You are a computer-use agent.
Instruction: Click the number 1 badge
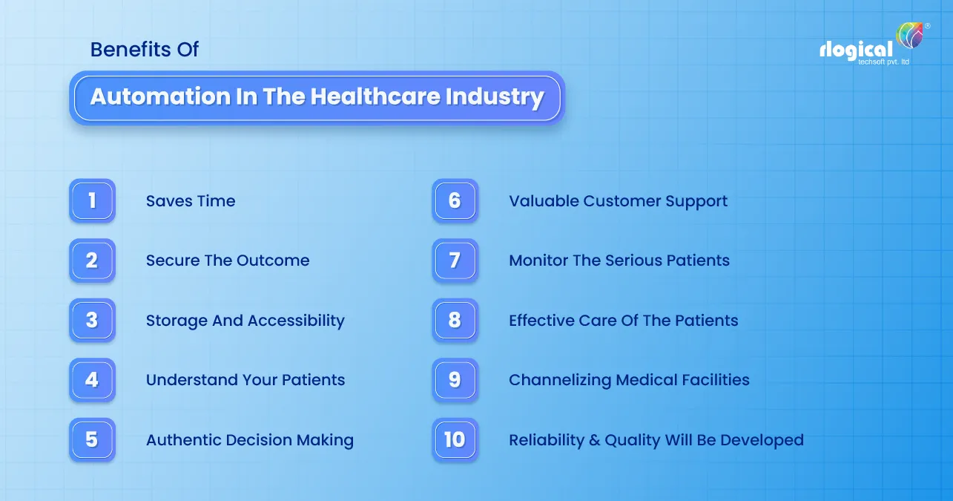[92, 200]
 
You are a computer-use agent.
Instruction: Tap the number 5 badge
[92, 439]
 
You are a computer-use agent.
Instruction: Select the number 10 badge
[455, 439]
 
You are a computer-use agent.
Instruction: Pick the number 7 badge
[455, 261]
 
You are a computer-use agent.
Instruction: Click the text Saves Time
[191, 201]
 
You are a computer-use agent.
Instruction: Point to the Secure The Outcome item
[228, 261]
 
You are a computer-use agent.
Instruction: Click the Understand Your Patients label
[245, 380]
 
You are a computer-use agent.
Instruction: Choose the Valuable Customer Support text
[618, 201]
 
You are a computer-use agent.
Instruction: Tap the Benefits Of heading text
[145, 50]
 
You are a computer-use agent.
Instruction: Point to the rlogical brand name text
[856, 50]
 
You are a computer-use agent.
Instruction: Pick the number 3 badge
[92, 320]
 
